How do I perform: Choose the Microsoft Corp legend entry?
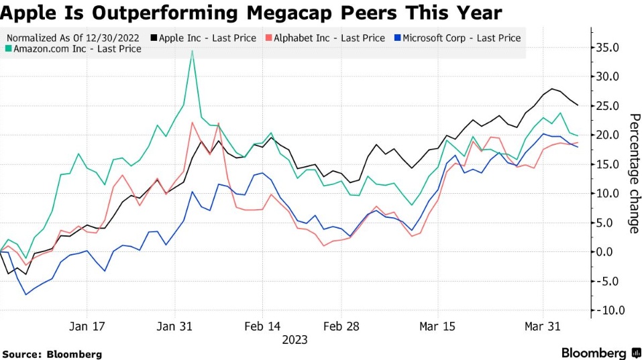tap(460, 38)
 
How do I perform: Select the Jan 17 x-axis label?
tap(87, 326)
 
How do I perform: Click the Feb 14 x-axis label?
tap(262, 326)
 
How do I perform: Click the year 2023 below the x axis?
tap(295, 340)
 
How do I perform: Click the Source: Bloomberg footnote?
tap(52, 354)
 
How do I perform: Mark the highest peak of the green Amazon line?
tap(193, 50)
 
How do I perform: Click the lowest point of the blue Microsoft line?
tap(25, 294)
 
